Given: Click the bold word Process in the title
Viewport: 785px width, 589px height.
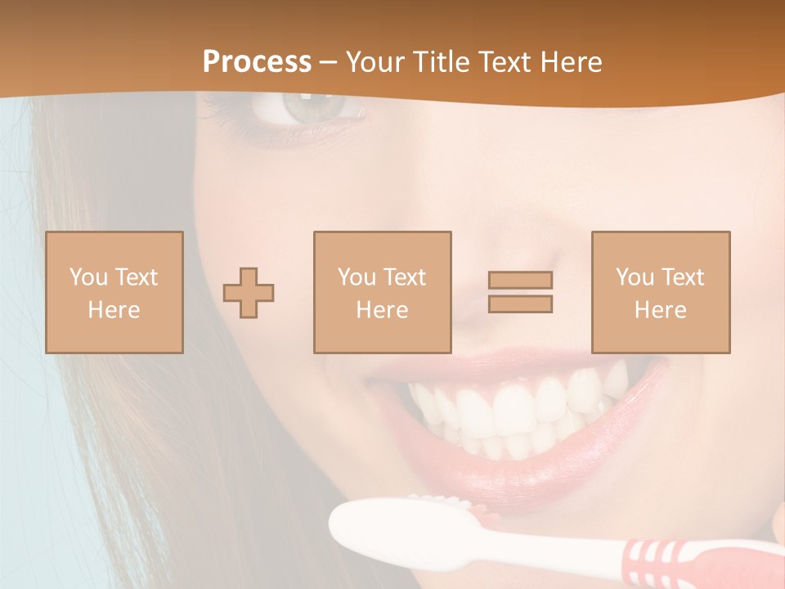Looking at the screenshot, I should [257, 62].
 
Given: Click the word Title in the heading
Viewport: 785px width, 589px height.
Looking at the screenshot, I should [440, 62].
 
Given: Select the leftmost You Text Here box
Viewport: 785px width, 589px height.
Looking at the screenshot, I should [114, 292].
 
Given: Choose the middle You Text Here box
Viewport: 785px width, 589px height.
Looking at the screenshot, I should [382, 292].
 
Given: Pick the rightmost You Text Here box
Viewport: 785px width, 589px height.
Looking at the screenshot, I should [660, 292].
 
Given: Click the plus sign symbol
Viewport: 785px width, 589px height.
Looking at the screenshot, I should [249, 293].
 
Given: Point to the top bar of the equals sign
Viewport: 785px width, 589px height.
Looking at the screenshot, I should [520, 280].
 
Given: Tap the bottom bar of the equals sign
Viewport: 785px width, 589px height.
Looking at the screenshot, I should [520, 304].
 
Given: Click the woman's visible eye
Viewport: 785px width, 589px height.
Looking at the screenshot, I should [304, 107].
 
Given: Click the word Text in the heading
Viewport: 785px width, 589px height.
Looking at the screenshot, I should [503, 62].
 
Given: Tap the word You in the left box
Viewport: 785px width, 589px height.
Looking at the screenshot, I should [88, 277].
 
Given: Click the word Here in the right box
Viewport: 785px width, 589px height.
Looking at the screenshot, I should [660, 310].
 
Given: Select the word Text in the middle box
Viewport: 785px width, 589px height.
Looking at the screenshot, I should [404, 277].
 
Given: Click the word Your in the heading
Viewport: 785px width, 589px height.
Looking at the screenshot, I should [374, 62].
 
